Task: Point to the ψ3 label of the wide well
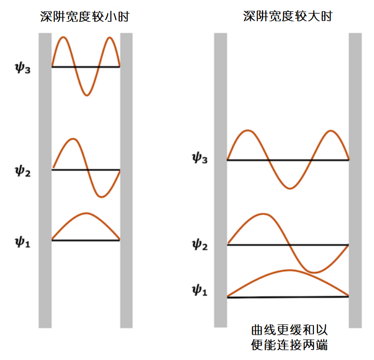(x=199, y=159)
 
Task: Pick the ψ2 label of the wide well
(x=199, y=244)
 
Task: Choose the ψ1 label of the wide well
(x=199, y=292)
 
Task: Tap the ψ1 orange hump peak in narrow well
(x=87, y=213)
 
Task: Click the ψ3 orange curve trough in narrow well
(x=87, y=95)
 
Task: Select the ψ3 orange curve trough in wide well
(x=289, y=188)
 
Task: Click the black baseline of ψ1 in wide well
(x=287, y=297)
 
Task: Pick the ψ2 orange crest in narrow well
(x=73, y=139)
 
